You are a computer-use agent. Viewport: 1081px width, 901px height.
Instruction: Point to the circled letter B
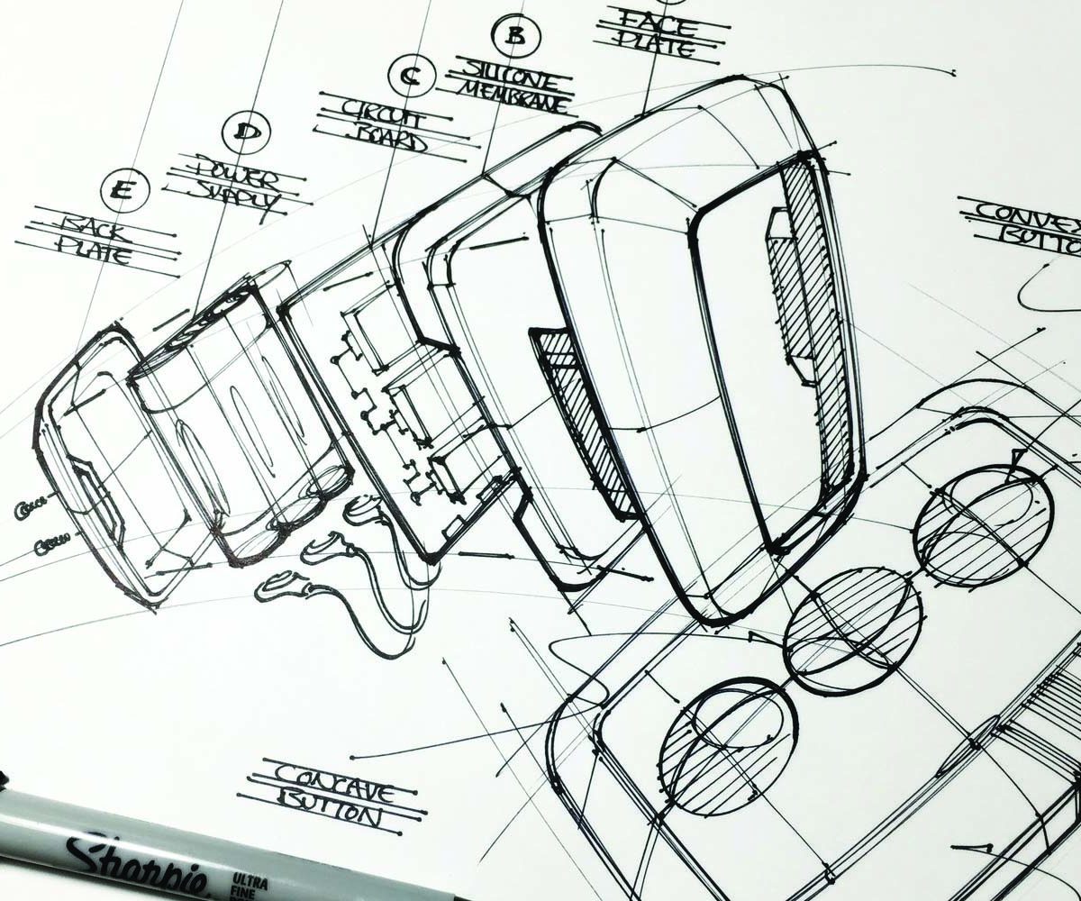514,35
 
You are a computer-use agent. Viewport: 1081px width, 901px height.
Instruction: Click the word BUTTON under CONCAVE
328,811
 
